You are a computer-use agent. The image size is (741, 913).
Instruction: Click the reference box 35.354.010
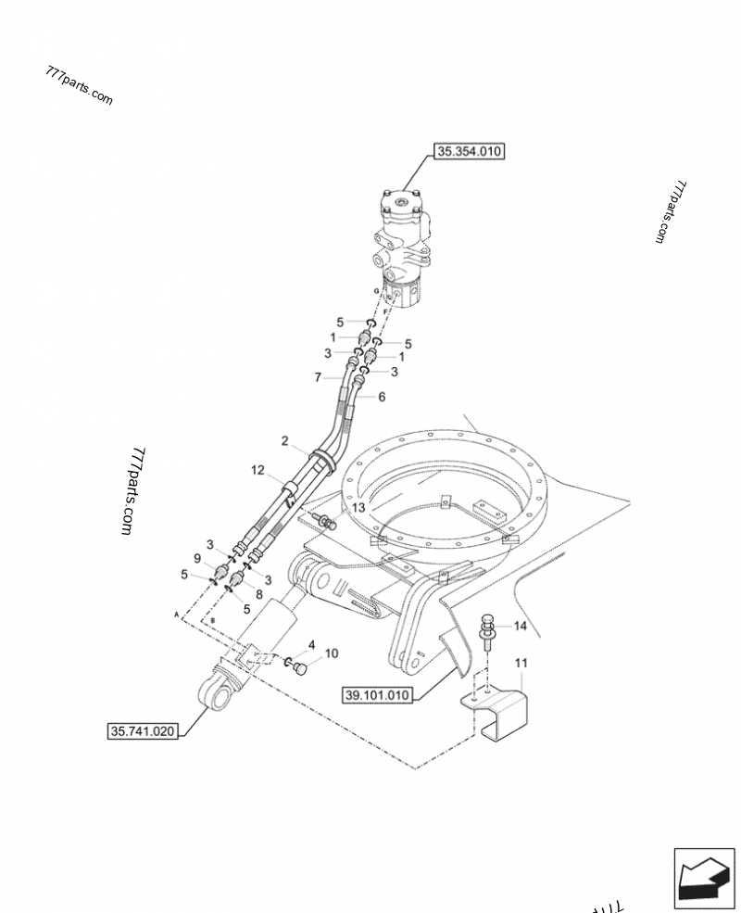coord(469,152)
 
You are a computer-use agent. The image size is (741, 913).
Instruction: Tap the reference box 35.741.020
coord(142,731)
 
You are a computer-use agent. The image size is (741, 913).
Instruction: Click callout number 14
coord(520,627)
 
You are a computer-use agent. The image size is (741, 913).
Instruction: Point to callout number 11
coord(521,664)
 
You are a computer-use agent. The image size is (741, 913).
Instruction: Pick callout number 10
coord(331,653)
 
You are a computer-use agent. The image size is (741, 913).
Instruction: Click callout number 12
coord(257,470)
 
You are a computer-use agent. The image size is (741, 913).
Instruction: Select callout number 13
coord(357,509)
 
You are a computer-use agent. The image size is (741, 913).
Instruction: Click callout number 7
coord(318,377)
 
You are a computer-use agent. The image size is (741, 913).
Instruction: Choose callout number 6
coord(381,397)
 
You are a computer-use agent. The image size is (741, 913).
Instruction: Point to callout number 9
coord(196,558)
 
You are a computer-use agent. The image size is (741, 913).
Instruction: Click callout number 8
coord(258,595)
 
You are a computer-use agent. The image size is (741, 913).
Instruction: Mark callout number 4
coord(311,644)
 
